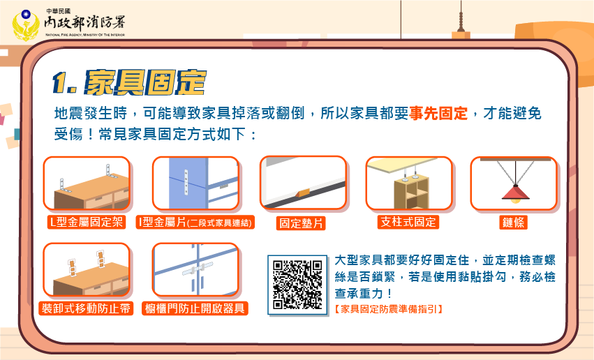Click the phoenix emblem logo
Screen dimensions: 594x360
pyautogui.click(x=26, y=25)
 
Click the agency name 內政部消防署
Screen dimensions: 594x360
pyautogui.click(x=84, y=23)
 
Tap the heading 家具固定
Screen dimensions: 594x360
pyautogui.click(x=145, y=82)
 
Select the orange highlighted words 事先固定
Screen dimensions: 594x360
pyautogui.click(x=438, y=113)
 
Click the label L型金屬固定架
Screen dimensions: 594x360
pyautogui.click(x=87, y=222)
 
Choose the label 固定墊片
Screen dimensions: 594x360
pyautogui.click(x=301, y=223)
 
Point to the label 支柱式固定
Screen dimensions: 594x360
pyautogui.click(x=408, y=222)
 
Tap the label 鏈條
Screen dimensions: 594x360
pyautogui.click(x=513, y=222)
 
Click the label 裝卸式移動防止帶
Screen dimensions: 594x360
pyautogui.click(x=86, y=308)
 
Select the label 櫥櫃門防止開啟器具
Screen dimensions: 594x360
pyautogui.click(x=195, y=308)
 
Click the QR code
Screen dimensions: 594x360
pyautogui.click(x=297, y=285)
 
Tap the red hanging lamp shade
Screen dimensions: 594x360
pyautogui.click(x=515, y=193)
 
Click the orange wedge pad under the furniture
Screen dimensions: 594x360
pyautogui.click(x=302, y=193)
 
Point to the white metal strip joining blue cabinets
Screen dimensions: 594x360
pyautogui.click(x=186, y=182)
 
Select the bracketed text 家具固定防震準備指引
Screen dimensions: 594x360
pyautogui.click(x=388, y=309)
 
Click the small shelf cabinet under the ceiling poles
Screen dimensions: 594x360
pyautogui.click(x=411, y=193)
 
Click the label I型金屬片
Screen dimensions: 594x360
pyautogui.click(x=162, y=222)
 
